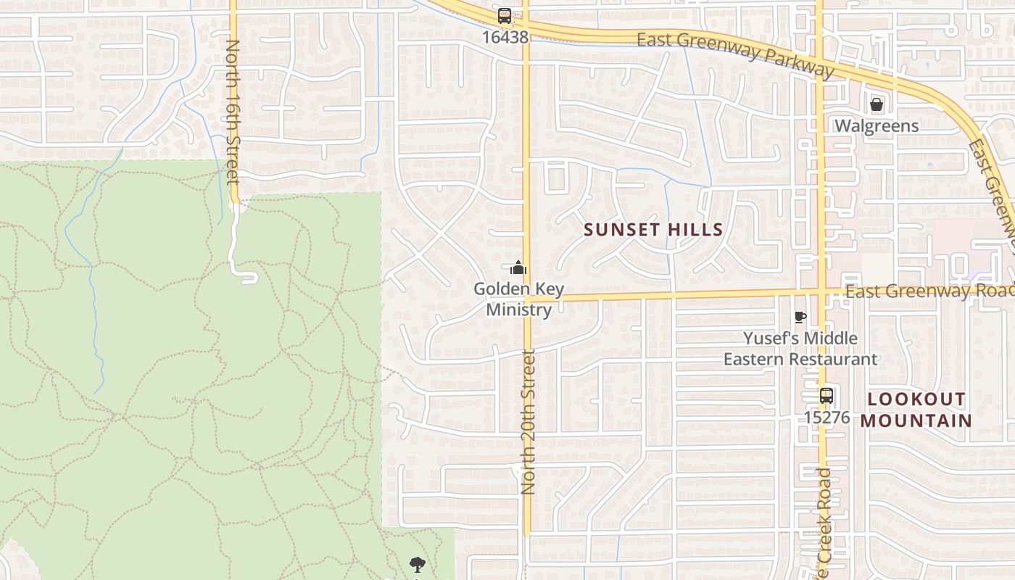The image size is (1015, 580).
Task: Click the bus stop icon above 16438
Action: (x=504, y=15)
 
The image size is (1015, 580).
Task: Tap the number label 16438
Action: (x=504, y=36)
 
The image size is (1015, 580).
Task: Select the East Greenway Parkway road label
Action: (x=735, y=53)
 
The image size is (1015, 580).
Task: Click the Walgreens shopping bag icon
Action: (x=877, y=105)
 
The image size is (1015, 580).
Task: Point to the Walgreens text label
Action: (x=877, y=126)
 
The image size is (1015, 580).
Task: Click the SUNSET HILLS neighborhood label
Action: (x=653, y=230)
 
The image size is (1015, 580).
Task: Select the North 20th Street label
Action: (x=528, y=422)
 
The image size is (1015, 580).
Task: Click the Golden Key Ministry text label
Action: (x=518, y=299)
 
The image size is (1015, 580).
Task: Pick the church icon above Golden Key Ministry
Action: (x=518, y=268)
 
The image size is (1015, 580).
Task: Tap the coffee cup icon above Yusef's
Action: (x=800, y=317)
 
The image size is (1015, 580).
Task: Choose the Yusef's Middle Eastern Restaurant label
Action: (x=800, y=349)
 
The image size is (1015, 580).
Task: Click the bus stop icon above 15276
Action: (x=826, y=396)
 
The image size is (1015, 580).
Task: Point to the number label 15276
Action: (x=826, y=418)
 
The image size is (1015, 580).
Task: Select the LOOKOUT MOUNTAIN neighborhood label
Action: (x=916, y=410)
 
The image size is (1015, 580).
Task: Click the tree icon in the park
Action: (x=416, y=564)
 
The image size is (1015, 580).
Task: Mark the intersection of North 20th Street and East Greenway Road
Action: (x=527, y=298)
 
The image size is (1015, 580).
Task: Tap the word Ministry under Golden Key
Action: (x=518, y=310)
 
